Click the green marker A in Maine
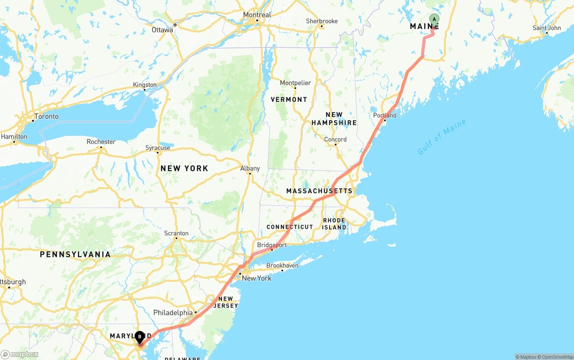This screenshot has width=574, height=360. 434,19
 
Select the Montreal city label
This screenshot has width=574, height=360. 257,15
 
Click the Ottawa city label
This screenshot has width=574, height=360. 162,30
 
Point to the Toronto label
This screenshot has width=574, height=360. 47,116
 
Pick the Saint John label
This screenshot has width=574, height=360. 547,28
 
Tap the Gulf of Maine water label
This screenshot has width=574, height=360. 442,137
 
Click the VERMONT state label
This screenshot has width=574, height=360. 289,99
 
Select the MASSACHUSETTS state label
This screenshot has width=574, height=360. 319,191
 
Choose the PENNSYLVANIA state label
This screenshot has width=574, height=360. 75,254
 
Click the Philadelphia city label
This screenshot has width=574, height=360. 173,312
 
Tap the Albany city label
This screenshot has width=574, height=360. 250,168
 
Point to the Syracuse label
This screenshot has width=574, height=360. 158,147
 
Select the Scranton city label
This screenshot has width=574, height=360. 176,233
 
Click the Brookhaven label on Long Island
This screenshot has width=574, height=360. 282,265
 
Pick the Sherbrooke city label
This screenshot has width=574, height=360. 322,21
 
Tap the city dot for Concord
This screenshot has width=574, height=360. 335,145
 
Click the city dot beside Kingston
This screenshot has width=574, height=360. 144,90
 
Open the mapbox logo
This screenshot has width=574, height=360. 20,354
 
